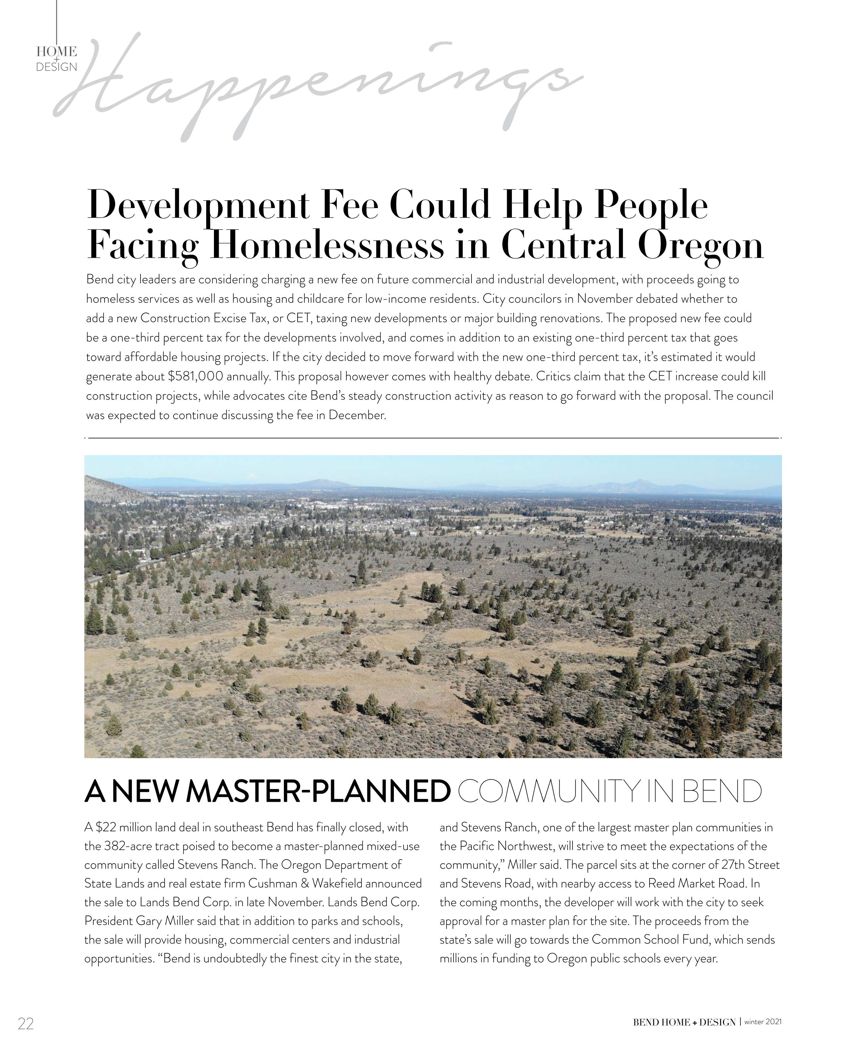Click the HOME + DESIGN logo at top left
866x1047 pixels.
(56, 59)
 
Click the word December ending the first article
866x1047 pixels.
(357, 415)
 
